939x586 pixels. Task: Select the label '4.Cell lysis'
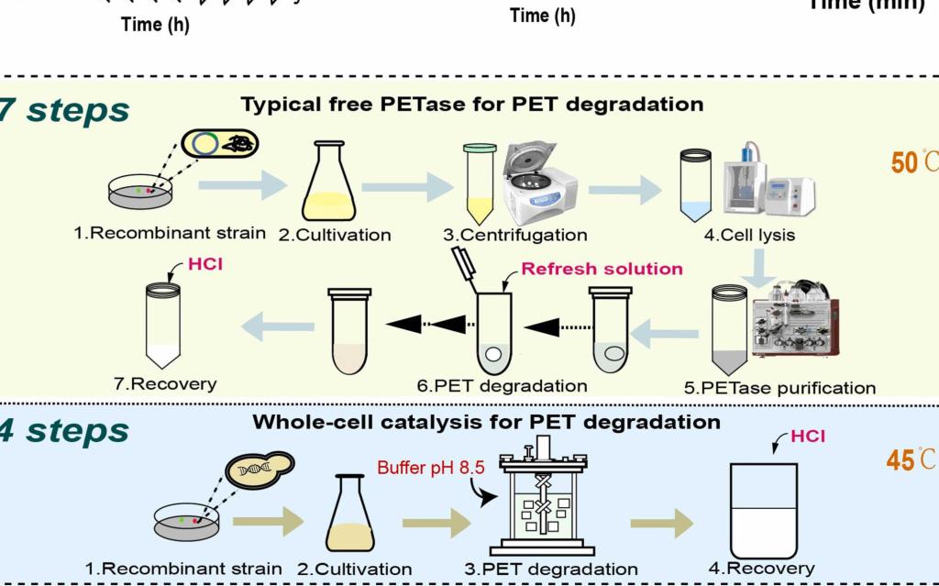[x=749, y=235]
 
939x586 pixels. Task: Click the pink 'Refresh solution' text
[x=602, y=269]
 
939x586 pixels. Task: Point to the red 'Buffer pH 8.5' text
[x=430, y=468]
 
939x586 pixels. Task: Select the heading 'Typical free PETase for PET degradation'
[x=472, y=105]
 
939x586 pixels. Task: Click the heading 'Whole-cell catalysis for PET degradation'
[x=486, y=422]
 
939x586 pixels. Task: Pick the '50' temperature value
[x=904, y=163]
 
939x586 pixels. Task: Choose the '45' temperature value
[x=900, y=460]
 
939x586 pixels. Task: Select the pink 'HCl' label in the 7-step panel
[x=204, y=265]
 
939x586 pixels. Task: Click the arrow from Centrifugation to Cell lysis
[x=624, y=190]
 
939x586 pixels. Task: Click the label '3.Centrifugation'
[x=515, y=235]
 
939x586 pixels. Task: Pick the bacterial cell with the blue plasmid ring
[x=220, y=144]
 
